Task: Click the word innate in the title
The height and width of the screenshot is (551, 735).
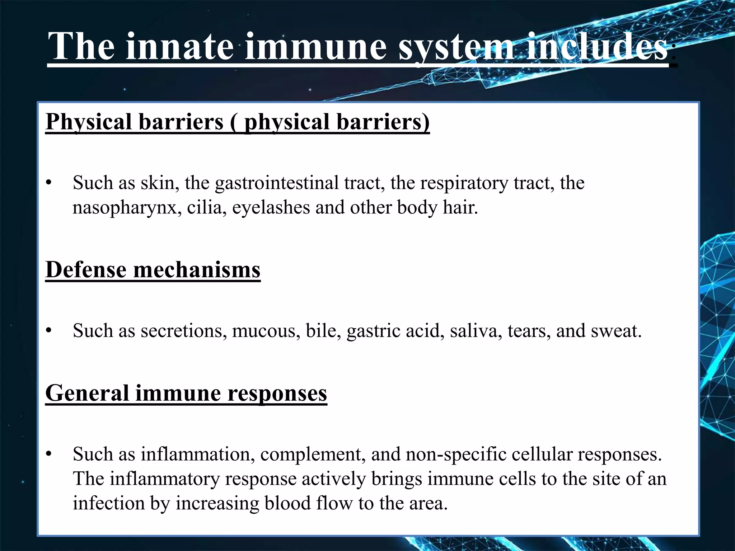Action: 179,47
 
